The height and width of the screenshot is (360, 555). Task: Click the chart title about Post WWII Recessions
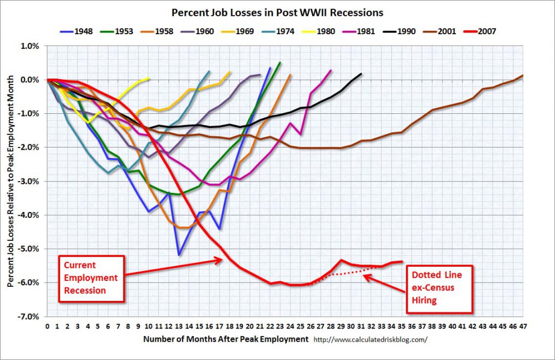[277, 13]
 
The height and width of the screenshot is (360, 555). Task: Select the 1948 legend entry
[76, 31]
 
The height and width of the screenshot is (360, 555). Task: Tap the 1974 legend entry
[278, 31]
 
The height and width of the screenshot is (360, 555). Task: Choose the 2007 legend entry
[480, 31]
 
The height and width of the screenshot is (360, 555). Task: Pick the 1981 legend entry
[359, 31]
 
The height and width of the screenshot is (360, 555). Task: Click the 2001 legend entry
[440, 31]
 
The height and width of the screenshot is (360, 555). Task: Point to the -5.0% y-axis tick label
[29, 249]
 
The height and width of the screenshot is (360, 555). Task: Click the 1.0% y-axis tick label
[30, 46]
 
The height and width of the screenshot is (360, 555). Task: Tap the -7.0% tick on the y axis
[29, 317]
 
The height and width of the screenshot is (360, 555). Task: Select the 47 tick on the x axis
[522, 326]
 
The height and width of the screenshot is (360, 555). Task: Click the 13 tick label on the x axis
[179, 326]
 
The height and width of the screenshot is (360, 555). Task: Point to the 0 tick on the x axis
[48, 326]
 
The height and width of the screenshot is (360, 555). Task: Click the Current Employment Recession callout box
[91, 279]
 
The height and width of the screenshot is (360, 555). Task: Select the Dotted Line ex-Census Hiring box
[439, 289]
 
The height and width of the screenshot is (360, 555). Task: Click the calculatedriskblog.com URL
[371, 339]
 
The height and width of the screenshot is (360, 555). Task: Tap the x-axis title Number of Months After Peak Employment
[226, 339]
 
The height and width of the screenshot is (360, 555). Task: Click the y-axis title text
[11, 181]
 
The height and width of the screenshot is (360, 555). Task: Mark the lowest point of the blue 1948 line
[179, 255]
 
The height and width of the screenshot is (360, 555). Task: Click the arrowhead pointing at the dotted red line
[367, 277]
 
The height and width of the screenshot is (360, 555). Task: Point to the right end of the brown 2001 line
[522, 75]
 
